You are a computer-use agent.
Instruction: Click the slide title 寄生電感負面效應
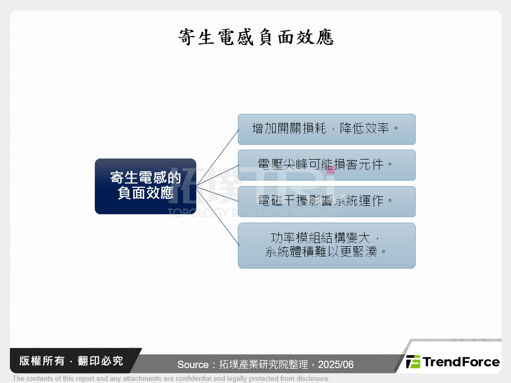coord(256,38)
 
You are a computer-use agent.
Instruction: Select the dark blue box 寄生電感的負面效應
coord(145,186)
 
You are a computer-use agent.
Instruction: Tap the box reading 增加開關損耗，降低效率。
coord(326,129)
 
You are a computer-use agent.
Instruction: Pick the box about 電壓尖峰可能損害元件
coord(326,165)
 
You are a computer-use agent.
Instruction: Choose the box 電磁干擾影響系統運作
coord(326,202)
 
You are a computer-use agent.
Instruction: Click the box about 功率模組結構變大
coord(326,245)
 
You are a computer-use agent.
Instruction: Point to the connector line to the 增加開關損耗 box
coord(217,157)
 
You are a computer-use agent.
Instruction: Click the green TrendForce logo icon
coord(413,362)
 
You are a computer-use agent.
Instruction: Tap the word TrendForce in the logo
coord(461,362)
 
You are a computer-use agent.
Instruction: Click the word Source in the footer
coord(193,365)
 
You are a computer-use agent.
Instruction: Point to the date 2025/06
coord(337,365)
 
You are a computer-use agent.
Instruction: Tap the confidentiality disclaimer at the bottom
coord(171,379)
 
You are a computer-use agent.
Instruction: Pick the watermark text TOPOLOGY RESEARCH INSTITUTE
coord(253,213)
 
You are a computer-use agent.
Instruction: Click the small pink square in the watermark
coord(331,170)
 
